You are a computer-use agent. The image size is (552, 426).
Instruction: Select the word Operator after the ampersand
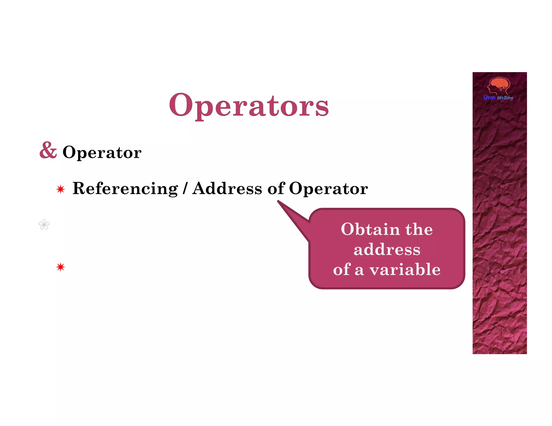[x=102, y=152]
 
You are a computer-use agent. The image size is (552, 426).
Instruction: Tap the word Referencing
[x=125, y=188]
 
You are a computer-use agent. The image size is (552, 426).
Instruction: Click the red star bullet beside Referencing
[x=61, y=189]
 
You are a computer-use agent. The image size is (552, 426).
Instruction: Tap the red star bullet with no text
[x=61, y=267]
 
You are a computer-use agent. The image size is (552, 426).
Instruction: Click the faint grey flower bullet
[x=44, y=225]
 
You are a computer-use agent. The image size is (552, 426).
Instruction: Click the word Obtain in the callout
[x=370, y=229]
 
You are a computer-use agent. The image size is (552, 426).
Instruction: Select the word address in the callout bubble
[x=387, y=250]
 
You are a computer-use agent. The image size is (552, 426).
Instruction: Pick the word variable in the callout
[x=405, y=270]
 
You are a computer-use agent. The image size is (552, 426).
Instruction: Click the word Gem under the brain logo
[x=489, y=97]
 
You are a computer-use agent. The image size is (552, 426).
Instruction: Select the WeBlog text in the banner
[x=505, y=98]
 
